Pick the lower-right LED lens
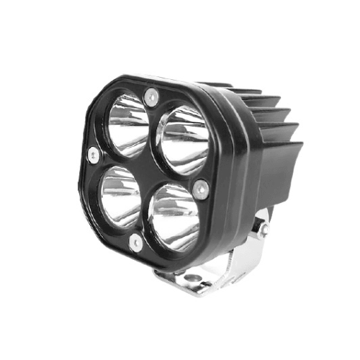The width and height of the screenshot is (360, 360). coord(175,216)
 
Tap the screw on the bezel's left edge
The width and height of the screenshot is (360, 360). coord(92,153)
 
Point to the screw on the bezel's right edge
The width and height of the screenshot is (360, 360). coord(202,189)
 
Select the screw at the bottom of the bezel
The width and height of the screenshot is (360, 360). coord(134,243)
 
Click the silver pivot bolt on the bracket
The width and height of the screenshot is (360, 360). coord(264,228)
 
